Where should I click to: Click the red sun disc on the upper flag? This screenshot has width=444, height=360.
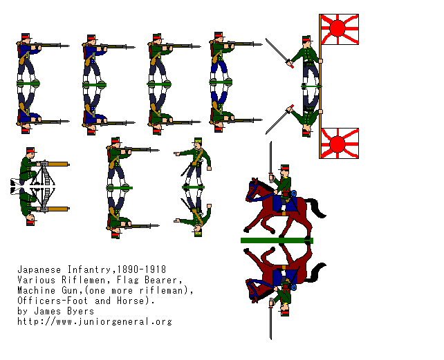pyautogui.click(x=337, y=28)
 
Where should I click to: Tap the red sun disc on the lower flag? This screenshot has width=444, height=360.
pyautogui.click(x=337, y=144)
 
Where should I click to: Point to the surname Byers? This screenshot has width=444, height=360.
pyautogui.click(x=80, y=311)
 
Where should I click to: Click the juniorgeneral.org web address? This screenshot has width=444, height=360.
pyautogui.click(x=95, y=322)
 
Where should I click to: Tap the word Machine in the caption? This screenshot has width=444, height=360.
pyautogui.click(x=36, y=290)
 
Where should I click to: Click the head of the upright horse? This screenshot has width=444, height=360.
pyautogui.click(x=253, y=189)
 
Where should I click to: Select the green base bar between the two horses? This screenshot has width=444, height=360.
pyautogui.click(x=277, y=240)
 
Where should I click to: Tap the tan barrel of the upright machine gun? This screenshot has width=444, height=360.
pyautogui.click(x=58, y=164)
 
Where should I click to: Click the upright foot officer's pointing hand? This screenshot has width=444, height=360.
pyautogui.click(x=177, y=153)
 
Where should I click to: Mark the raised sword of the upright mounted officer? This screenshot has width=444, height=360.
pyautogui.click(x=270, y=160)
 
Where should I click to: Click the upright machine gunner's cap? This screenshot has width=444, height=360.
pyautogui.click(x=30, y=150)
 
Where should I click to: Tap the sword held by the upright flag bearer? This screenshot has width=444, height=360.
pyautogui.click(x=279, y=53)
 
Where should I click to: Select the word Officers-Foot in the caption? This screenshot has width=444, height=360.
pyautogui.click(x=53, y=301)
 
